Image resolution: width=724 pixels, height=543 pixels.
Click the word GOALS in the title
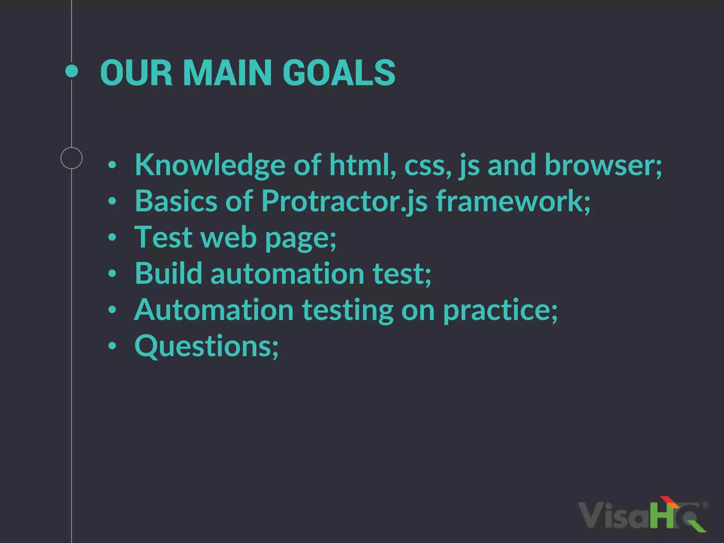point(339,73)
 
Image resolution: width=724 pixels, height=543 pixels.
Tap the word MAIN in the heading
point(227,73)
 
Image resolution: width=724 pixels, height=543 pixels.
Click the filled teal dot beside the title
point(72,71)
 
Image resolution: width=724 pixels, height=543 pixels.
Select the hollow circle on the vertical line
point(71,158)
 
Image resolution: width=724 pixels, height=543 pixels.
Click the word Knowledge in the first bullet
point(210,165)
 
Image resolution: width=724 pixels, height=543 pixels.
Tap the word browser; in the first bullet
point(603,165)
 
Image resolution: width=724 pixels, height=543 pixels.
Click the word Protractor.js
point(344,202)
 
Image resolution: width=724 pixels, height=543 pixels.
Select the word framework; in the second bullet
point(513,201)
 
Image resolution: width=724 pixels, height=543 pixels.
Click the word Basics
point(176,201)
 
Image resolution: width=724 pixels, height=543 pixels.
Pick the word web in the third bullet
point(228,237)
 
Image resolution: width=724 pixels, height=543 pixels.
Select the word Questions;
point(206,346)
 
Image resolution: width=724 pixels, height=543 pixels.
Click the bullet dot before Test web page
point(112,237)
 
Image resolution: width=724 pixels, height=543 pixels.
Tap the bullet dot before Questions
point(112,346)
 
